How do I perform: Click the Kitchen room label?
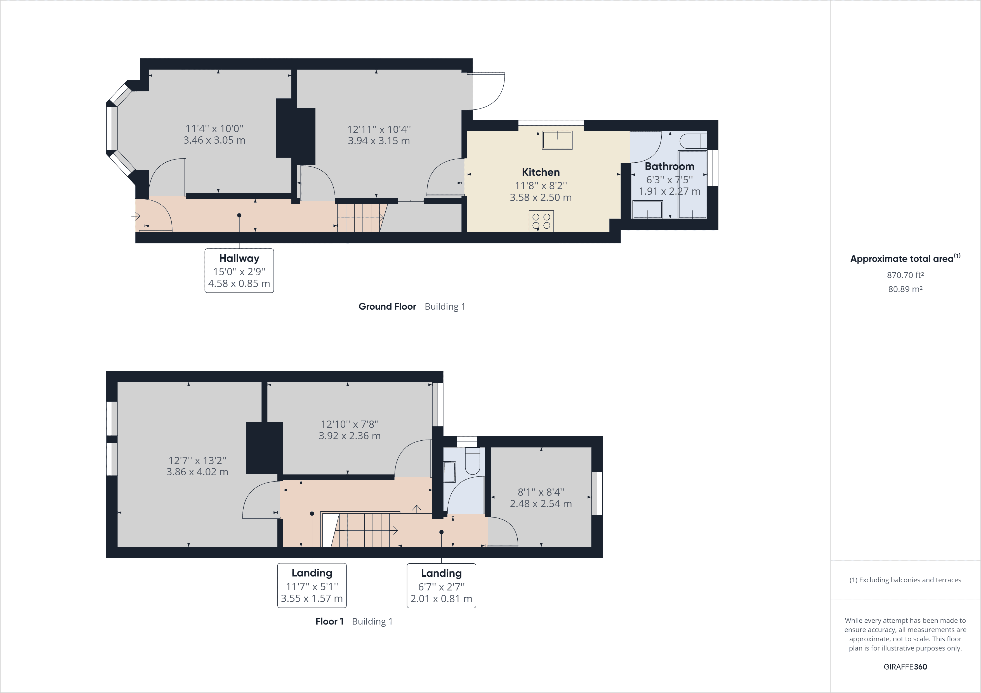click(x=541, y=172)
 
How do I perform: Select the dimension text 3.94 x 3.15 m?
click(x=379, y=141)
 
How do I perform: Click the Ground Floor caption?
click(x=387, y=307)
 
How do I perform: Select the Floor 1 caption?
click(x=329, y=621)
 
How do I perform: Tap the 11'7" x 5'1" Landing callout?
click(x=312, y=585)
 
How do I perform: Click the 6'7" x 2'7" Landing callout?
click(x=441, y=586)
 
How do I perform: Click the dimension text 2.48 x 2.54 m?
click(x=541, y=504)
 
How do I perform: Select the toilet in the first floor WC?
click(x=473, y=463)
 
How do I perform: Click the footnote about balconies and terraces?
click(x=905, y=580)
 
